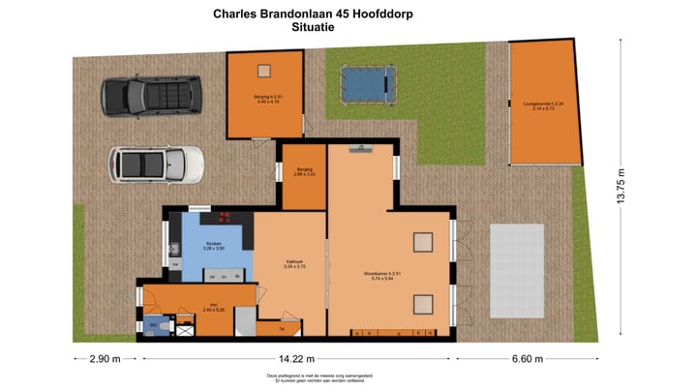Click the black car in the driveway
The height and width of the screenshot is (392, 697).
[x=151, y=95]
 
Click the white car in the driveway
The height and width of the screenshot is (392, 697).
[x=156, y=165]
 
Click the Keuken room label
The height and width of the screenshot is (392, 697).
[x=213, y=246]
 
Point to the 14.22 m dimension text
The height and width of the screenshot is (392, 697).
[x=296, y=359]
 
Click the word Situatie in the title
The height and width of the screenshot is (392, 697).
[x=316, y=28]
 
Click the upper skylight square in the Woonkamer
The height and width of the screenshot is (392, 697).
[x=423, y=241]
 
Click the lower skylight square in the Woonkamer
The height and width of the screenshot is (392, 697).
[x=423, y=305]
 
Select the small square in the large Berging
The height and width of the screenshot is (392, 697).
[x=263, y=70]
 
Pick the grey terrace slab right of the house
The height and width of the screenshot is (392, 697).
[x=517, y=266]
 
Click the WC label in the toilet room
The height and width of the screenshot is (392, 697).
[x=152, y=327]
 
